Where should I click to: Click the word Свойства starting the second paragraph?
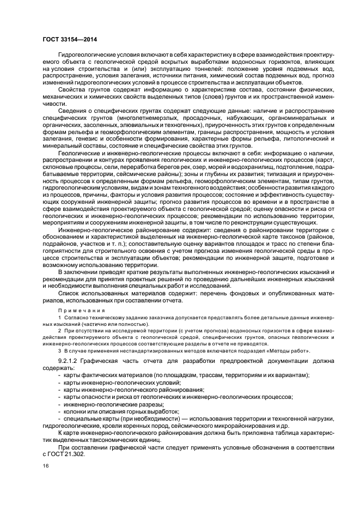coord(71,88)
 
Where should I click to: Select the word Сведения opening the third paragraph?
coord(72,111)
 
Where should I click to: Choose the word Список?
coord(70,294)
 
